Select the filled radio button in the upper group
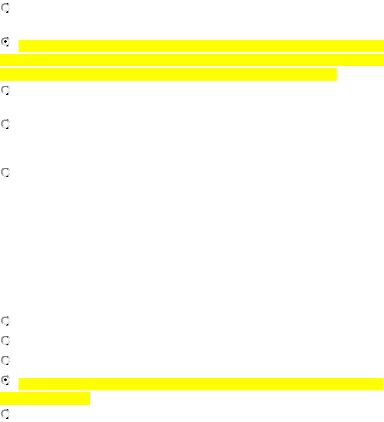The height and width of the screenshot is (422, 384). pos(5,42)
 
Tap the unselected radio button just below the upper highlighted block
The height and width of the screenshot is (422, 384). pos(5,91)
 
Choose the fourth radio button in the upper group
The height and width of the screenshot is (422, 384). pos(5,124)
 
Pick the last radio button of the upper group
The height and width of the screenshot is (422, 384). pos(5,172)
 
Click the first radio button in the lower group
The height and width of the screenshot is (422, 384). pos(5,321)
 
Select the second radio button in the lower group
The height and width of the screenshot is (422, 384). pos(5,341)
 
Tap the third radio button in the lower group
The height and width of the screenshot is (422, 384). pos(5,360)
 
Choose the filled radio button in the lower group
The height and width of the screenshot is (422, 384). pos(5,380)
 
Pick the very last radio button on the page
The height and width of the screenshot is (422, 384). pos(5,413)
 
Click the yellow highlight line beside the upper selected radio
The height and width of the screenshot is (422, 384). pos(201,46)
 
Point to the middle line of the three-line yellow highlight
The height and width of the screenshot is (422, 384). pos(192,60)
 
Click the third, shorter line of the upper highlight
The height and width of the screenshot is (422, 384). pos(168,74)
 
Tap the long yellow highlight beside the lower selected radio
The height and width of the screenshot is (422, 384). pos(201,384)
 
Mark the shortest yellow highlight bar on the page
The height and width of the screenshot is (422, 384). pos(45,398)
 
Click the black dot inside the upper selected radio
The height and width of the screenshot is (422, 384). pos(5,42)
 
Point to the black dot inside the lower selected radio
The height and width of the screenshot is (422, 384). pos(5,380)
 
